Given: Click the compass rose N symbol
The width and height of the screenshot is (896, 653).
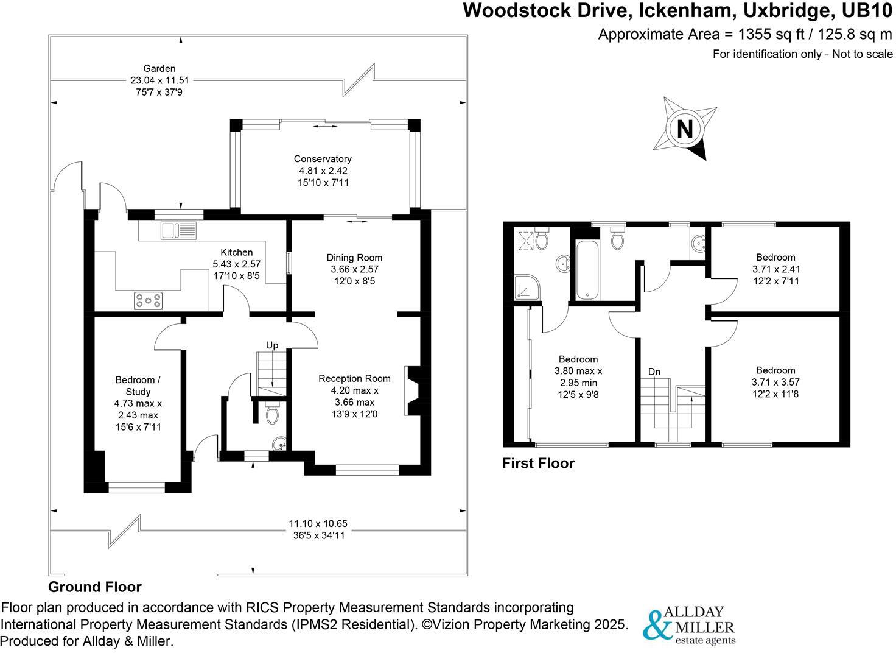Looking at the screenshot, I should tap(685, 129).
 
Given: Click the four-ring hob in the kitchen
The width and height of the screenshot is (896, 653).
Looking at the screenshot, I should tap(149, 300).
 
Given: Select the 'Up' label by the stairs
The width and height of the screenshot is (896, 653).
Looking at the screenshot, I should tap(271, 345).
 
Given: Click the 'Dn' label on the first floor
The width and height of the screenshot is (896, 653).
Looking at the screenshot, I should tap(654, 372).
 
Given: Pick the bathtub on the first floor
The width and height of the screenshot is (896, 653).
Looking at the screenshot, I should tap(587, 270).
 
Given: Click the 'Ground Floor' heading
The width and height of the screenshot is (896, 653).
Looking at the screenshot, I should tap(94, 587).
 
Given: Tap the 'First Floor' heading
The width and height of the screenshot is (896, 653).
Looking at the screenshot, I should tap(538, 464).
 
